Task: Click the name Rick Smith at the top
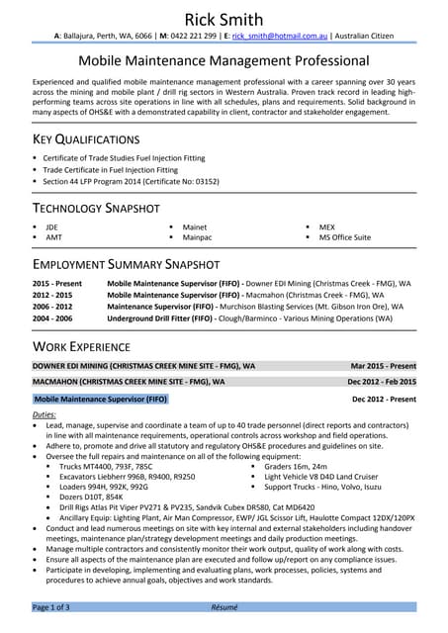pos(224,19)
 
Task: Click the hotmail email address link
pos(272,36)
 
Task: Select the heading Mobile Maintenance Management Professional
pos(224,61)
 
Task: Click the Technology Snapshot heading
pos(96,209)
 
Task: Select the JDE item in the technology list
pos(51,226)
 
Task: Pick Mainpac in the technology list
pos(198,237)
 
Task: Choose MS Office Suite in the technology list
pos(344,237)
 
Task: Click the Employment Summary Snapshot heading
pos(126,265)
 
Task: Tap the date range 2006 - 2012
pos(52,307)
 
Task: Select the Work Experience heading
pos(81,346)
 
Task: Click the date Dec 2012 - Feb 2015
pos(381,381)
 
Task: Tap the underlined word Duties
pos(45,414)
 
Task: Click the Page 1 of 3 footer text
pos(51,606)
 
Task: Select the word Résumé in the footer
pos(224,606)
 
